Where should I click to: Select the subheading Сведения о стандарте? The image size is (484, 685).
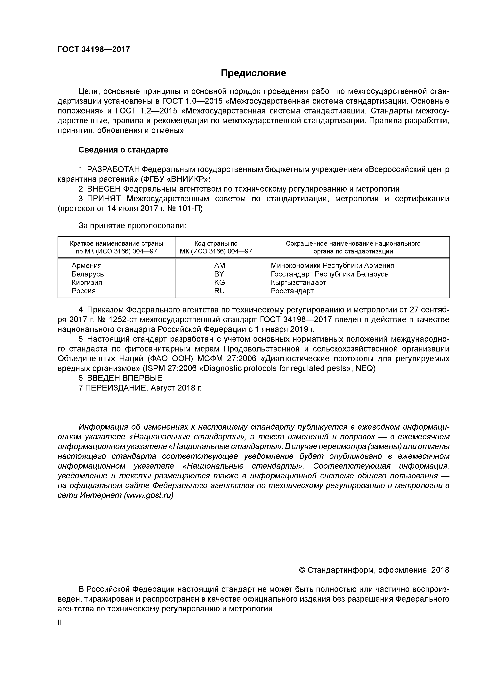pyautogui.click(x=123, y=150)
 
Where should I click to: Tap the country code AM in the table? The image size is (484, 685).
pyautogui.click(x=220, y=265)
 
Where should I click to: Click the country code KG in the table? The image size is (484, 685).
pyautogui.click(x=220, y=282)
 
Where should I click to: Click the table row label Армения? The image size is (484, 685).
pyautogui.click(x=86, y=265)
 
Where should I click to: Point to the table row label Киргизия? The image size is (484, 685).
pyautogui.click(x=87, y=282)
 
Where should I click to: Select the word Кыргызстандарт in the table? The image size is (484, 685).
pyautogui.click(x=299, y=282)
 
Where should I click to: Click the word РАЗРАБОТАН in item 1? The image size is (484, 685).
pyautogui.click(x=113, y=169)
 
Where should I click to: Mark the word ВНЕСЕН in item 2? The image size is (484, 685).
pyautogui.click(x=104, y=189)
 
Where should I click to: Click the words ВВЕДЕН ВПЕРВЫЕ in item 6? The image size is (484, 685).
pyautogui.click(x=125, y=378)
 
